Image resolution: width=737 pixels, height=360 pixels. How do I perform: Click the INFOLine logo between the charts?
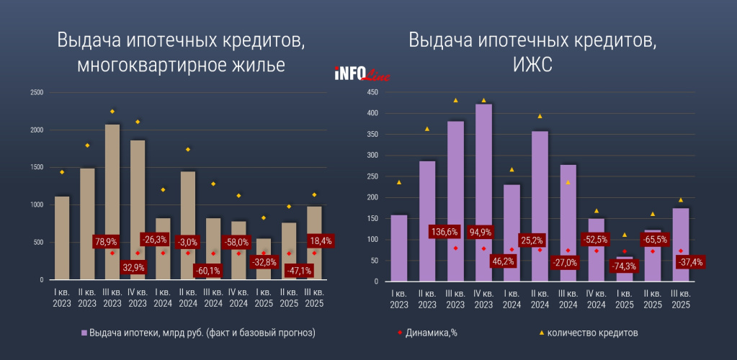(x=362, y=73)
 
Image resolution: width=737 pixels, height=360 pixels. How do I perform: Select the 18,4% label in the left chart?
(x=318, y=240)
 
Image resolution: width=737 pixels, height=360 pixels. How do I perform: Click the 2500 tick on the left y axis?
(x=36, y=92)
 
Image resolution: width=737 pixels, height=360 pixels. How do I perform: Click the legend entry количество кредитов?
(x=592, y=333)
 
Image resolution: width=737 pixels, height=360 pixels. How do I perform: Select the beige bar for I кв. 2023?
(x=62, y=238)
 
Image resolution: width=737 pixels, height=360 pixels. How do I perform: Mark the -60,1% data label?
(x=208, y=271)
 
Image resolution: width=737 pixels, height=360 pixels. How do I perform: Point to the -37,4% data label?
(x=690, y=262)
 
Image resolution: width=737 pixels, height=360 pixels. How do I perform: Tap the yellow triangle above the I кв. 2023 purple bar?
(x=398, y=182)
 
